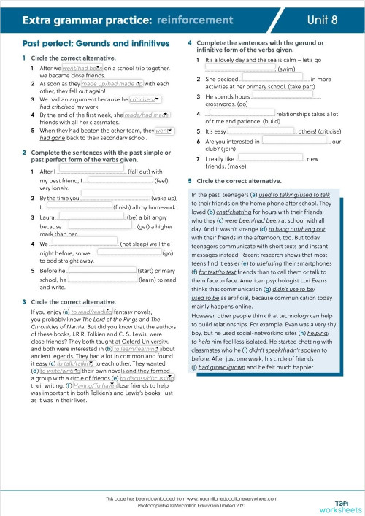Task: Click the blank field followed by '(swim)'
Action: click(x=241, y=69)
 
